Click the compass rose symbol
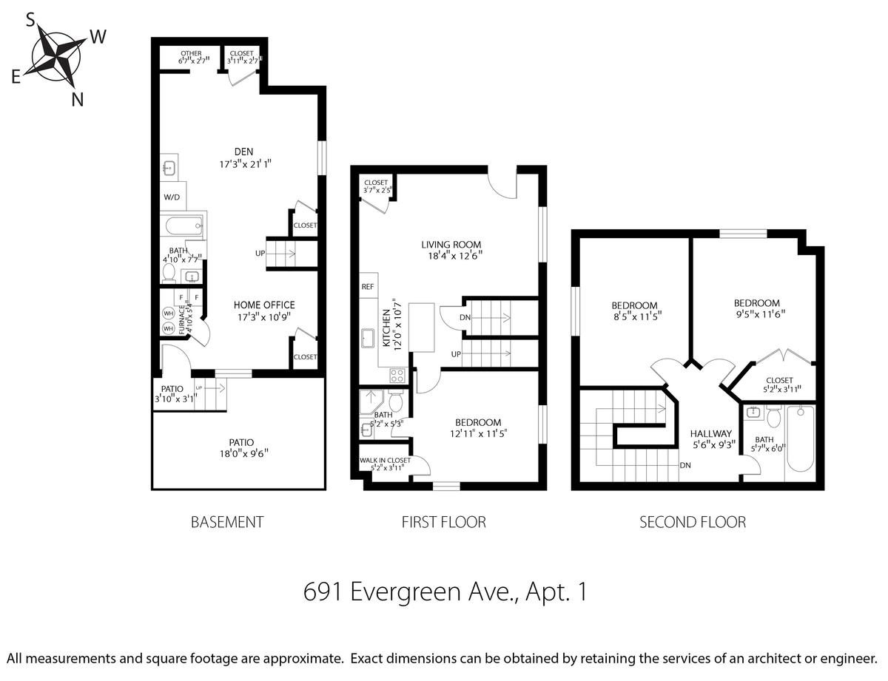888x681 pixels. coord(56,57)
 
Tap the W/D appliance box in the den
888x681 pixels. coord(173,197)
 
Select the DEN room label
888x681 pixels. coord(243,152)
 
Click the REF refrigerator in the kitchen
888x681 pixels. coord(369,286)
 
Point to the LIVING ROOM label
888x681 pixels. coord(451,245)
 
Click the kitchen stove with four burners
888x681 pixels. coord(397,375)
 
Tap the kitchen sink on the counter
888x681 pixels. coord(368,338)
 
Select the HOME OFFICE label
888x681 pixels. coord(264,305)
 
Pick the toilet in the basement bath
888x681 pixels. coord(169,273)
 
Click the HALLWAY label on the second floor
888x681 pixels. coord(711,434)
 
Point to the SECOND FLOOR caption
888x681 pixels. coord(693,522)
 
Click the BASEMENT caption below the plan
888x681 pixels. coord(227,522)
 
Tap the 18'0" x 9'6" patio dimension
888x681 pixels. coord(244,453)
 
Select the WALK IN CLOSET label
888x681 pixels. coord(385,460)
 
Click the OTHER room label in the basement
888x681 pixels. coord(191,53)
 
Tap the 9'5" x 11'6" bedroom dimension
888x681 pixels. coord(761,314)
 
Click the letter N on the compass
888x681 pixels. coord(78,100)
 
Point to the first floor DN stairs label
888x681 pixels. coord(465,317)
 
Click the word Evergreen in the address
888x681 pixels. coord(406,592)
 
